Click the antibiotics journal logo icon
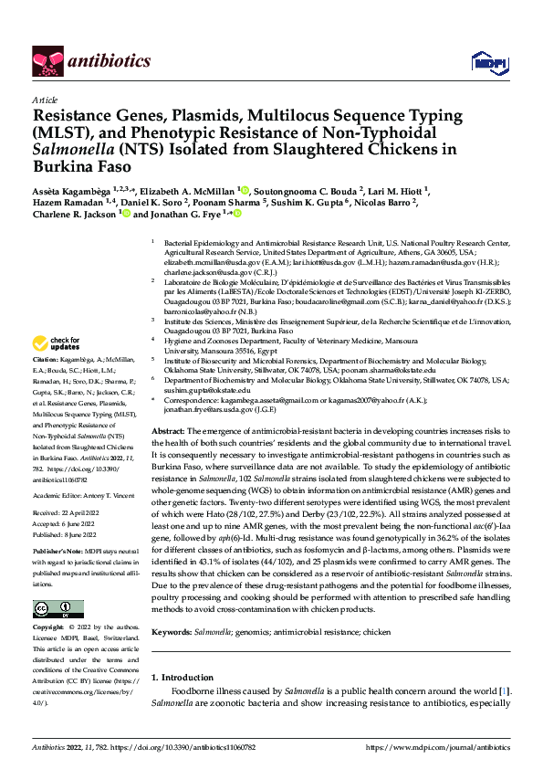pyautogui.click(x=46, y=62)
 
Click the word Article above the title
pyautogui.click(x=45, y=100)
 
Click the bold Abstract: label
pyautogui.click(x=168, y=430)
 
